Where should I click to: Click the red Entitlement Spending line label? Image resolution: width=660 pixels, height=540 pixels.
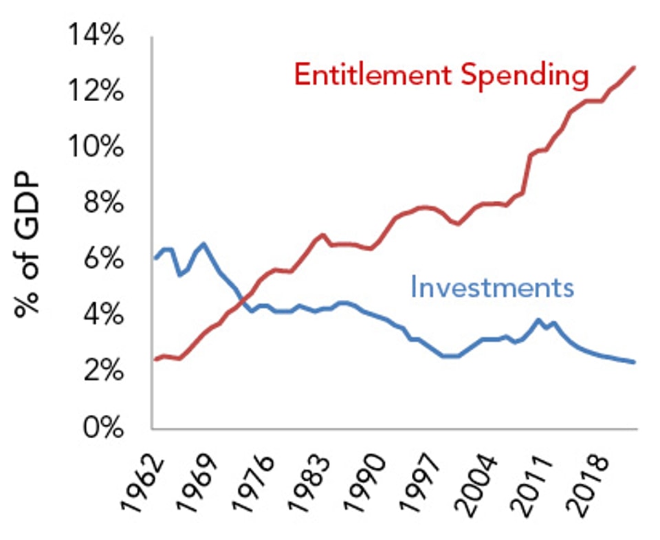(441, 75)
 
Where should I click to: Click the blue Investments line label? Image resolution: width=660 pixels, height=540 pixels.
(492, 286)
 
